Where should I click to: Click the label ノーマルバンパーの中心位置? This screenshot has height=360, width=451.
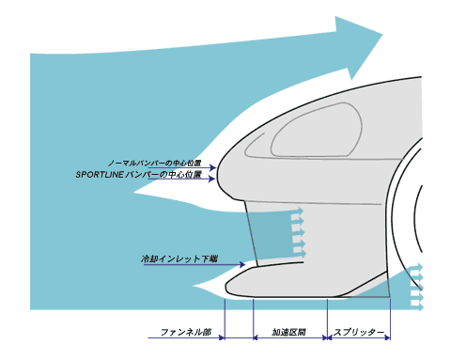(x=154, y=164)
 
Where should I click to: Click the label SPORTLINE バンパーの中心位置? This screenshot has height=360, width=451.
(x=138, y=175)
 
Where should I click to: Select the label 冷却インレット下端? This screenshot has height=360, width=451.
(x=179, y=259)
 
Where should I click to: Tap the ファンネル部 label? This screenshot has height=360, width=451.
(x=186, y=332)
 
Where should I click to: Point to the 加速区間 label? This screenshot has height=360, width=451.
(x=288, y=332)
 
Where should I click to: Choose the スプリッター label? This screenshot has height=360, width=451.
(x=359, y=332)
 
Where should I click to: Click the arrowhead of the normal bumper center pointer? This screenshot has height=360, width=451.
(x=213, y=168)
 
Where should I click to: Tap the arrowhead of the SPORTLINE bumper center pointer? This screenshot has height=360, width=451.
(x=212, y=179)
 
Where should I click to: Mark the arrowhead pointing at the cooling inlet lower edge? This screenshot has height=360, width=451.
(x=242, y=265)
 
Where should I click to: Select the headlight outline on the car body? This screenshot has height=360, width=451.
(x=317, y=130)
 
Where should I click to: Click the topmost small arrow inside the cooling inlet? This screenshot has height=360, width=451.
(x=297, y=211)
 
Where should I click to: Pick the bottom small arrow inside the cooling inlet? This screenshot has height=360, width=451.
(x=299, y=253)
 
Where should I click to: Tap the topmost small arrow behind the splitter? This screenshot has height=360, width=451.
(x=416, y=268)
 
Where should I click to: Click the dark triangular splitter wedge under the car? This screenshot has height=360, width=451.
(x=373, y=290)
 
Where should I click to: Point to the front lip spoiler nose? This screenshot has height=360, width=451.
(x=233, y=285)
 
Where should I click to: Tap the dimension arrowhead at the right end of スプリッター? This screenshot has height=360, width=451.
(x=388, y=337)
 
